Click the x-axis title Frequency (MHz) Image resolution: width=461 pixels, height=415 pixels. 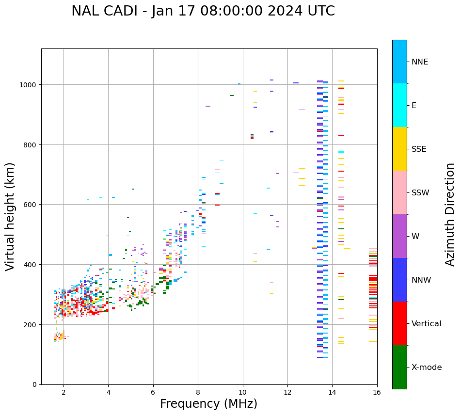pos(208,404)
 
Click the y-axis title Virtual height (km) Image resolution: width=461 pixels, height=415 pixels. pos(11,216)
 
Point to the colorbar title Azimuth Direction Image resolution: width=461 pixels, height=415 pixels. pos(450,214)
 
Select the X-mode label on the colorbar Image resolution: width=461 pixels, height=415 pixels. pos(427,367)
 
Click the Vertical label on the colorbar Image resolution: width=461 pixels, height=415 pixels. pos(426,324)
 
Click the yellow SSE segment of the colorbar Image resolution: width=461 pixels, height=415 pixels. pos(399,149)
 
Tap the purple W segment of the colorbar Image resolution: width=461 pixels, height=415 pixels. pos(399,236)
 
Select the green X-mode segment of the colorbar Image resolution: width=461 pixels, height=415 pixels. pos(399,367)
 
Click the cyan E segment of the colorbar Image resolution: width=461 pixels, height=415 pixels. pos(399,105)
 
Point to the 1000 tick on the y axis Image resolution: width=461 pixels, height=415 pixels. pos(29,85)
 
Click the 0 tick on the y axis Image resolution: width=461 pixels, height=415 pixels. pos(34,384)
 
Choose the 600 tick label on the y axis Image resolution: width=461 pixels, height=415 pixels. pos(31,205)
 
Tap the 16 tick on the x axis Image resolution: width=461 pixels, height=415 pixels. pos(377,393)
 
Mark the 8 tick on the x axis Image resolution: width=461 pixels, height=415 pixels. pos(198,393)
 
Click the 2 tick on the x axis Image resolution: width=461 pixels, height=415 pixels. pos(64,393)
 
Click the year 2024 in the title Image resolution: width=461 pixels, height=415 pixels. pos(287,11)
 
